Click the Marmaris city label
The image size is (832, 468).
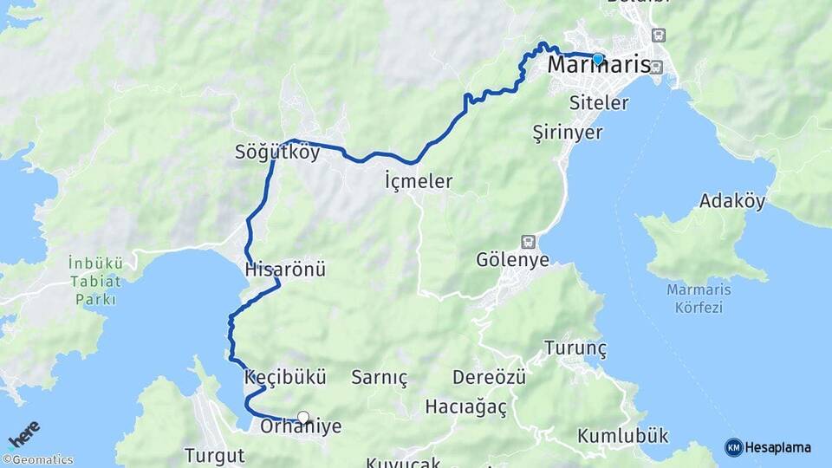coord(599,67)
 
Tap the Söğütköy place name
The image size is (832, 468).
coord(277,153)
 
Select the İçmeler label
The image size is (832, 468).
coord(419,181)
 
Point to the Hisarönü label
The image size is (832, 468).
coord(285,270)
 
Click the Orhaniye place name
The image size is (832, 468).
coord(301,427)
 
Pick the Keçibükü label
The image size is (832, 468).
coord(285,378)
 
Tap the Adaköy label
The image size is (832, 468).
coord(732,202)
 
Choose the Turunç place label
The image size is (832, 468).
coord(575,348)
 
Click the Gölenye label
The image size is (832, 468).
coord(512,260)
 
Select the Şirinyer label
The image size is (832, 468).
coord(567,133)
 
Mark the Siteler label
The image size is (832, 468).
coord(599,103)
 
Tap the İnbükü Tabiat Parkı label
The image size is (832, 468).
coord(96,276)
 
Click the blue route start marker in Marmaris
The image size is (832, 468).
coord(598,59)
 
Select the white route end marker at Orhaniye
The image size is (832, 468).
coord(303,417)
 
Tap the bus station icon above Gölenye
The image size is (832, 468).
coord(527,241)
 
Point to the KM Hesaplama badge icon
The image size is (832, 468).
coord(733,447)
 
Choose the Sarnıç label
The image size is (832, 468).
coord(379,378)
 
